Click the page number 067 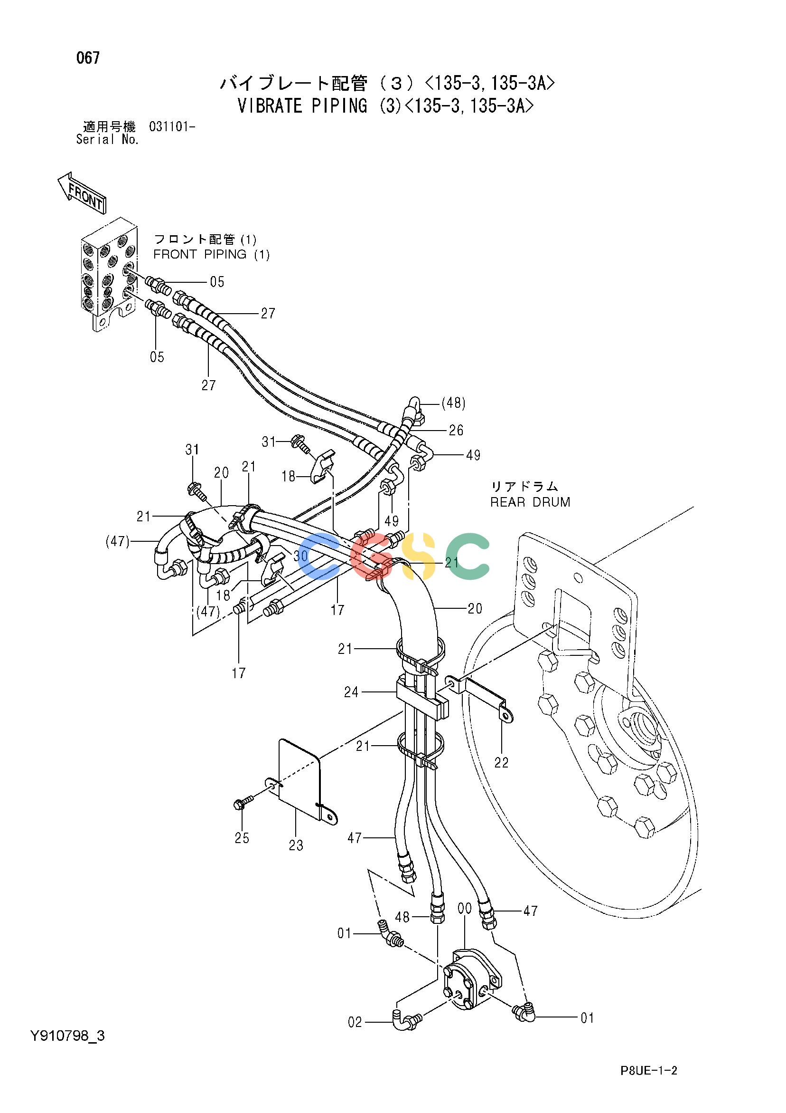[88, 58]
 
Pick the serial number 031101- [172, 127]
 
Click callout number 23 [296, 845]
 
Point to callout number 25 [242, 838]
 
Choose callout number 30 [300, 556]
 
